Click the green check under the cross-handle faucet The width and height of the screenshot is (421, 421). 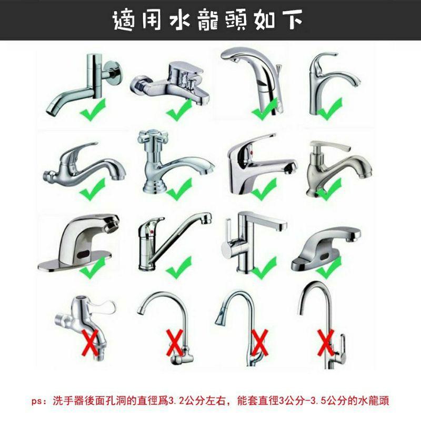[x=179, y=188]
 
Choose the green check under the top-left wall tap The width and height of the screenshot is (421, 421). [x=93, y=109]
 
